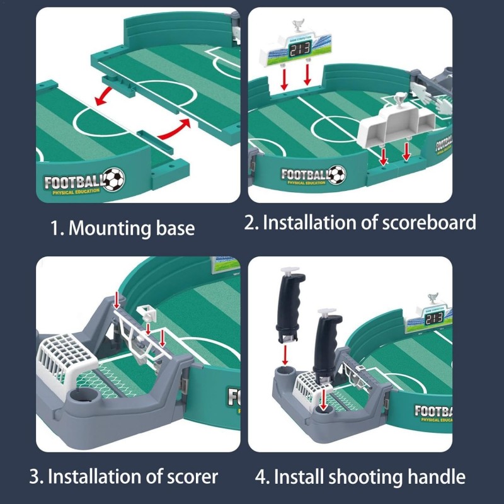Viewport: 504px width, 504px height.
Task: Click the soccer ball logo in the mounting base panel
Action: click(114, 180)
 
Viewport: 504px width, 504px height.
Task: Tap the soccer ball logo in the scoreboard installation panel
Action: click(337, 174)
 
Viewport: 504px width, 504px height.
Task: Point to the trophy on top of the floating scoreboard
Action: click(296, 27)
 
